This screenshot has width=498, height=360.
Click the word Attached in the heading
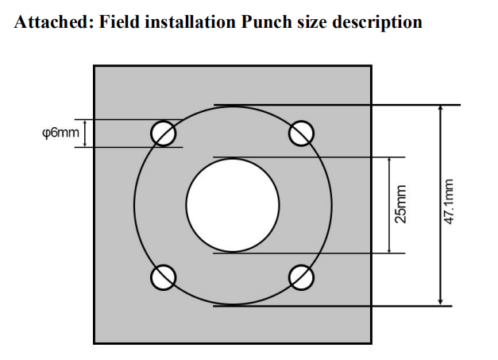click(50, 23)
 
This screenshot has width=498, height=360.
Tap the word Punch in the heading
click(265, 23)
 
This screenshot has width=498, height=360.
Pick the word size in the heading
click(310, 23)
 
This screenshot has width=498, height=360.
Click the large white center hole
click(232, 203)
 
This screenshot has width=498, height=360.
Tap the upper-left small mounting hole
click(164, 132)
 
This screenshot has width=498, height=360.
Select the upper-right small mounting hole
click(300, 132)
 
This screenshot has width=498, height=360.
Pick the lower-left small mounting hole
click(164, 277)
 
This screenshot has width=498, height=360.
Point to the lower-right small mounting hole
click(300, 277)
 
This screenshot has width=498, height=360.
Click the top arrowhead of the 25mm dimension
click(389, 161)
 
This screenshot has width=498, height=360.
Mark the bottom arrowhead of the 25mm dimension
click(389, 249)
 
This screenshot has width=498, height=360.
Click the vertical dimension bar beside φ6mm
click(84, 134)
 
